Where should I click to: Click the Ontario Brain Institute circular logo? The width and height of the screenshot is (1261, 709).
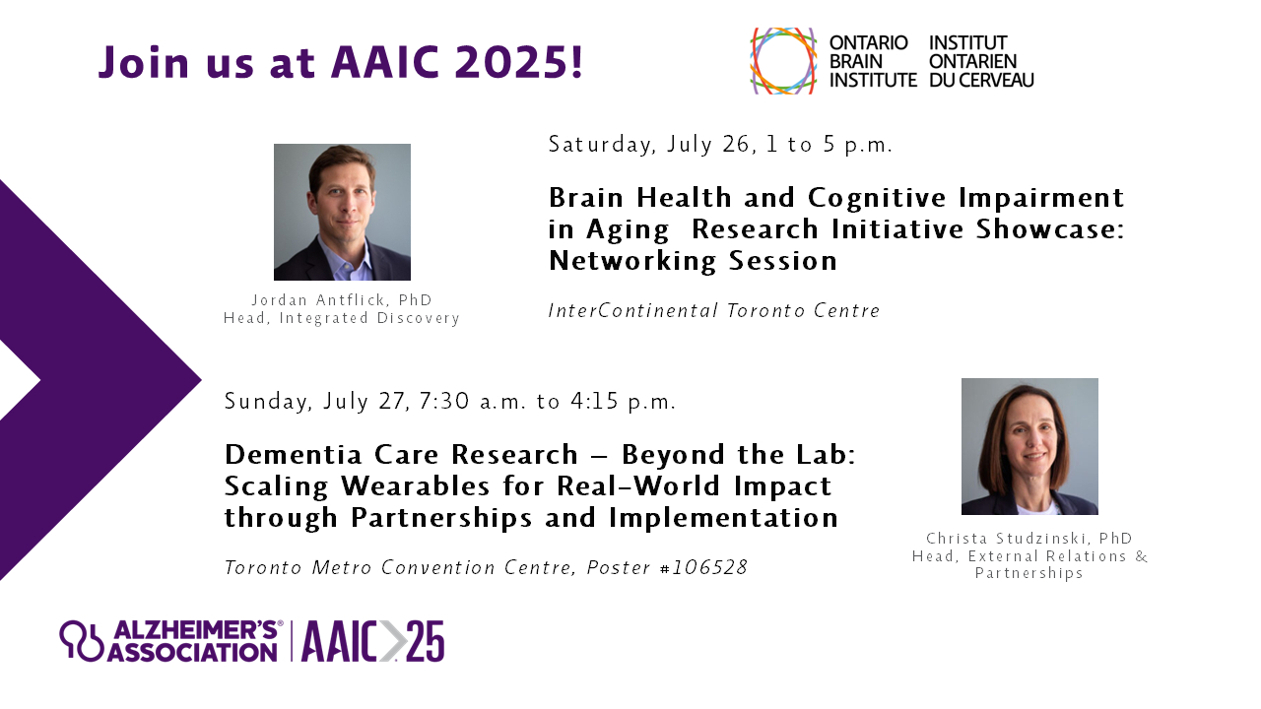782,61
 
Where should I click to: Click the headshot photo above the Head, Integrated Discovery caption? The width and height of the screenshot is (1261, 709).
342,212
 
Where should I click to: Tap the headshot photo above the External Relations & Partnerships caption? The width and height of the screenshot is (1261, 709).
1029,447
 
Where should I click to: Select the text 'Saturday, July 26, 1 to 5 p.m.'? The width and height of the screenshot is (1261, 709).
720,145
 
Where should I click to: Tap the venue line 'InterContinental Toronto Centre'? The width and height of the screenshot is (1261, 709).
714,310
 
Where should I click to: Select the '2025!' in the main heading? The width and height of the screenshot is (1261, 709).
519,62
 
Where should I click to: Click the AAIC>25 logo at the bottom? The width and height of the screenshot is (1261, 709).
372,641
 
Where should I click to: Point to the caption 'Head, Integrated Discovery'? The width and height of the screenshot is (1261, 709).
342,318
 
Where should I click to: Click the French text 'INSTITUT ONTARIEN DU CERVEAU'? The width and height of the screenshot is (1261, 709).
981,61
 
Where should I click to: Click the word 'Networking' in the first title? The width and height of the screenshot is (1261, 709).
632,261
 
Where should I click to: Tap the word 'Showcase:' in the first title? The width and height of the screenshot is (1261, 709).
1050,229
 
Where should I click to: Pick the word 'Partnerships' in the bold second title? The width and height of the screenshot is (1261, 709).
441,518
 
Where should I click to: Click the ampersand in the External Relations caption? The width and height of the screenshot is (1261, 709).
1141,556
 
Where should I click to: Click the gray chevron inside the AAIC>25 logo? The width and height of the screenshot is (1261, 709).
392,641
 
